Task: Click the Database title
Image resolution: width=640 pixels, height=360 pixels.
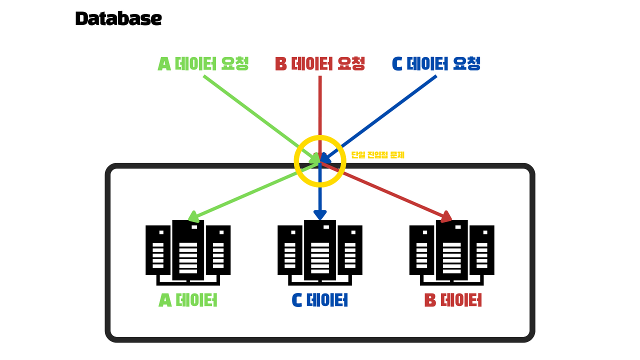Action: pyautogui.click(x=118, y=19)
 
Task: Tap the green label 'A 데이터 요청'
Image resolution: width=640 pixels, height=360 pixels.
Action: pyautogui.click(x=203, y=63)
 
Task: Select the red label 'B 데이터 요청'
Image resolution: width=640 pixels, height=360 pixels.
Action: pyautogui.click(x=320, y=63)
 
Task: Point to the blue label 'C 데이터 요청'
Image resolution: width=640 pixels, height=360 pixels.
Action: pyautogui.click(x=436, y=63)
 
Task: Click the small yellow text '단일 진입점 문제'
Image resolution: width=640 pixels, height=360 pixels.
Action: pyautogui.click(x=377, y=155)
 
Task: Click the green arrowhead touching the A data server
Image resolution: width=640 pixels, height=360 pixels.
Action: pyautogui.click(x=192, y=216)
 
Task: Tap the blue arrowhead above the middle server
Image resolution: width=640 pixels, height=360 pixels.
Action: pyautogui.click(x=320, y=214)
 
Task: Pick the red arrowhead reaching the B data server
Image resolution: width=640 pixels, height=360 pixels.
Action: pyautogui.click(x=446, y=216)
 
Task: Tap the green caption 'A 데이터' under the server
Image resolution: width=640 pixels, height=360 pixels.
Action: pyautogui.click(x=188, y=300)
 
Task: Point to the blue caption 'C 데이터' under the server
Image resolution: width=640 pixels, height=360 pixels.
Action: pyautogui.click(x=320, y=300)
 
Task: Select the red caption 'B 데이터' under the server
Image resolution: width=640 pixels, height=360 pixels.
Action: pyautogui.click(x=452, y=300)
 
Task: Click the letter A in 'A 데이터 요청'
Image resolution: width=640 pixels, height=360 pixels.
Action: pyautogui.click(x=164, y=64)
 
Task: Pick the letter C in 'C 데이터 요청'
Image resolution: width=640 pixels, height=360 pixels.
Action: pyautogui.click(x=397, y=64)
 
